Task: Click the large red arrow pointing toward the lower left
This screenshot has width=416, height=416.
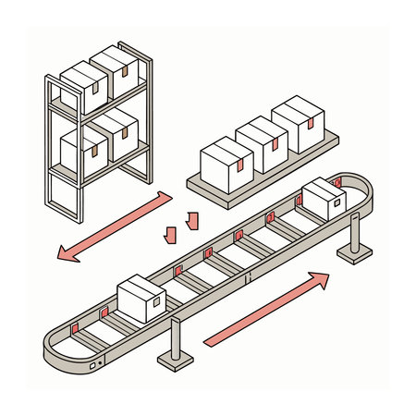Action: point(111,226)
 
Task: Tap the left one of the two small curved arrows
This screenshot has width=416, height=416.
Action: point(168,234)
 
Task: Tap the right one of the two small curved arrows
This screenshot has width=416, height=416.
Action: point(192,220)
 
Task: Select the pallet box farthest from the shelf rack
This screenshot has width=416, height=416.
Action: point(296,125)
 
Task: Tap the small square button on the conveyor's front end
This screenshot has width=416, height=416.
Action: point(92,366)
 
